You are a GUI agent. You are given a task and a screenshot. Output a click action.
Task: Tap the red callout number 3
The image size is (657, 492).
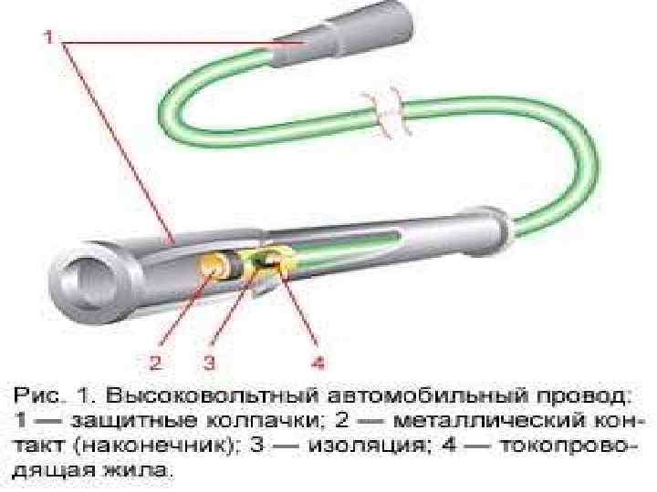tap(209, 362)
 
